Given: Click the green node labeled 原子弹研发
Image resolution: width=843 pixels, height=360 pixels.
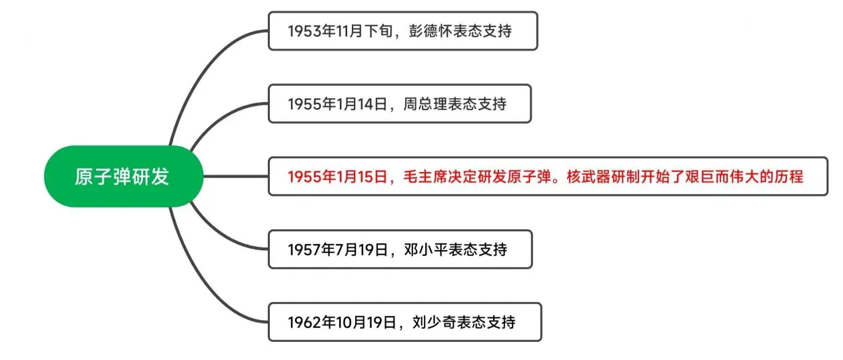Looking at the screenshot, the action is (x=123, y=176).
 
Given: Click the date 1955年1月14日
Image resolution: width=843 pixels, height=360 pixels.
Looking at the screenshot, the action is (x=338, y=104).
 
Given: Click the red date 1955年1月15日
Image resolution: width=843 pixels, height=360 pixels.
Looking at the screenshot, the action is (x=338, y=177).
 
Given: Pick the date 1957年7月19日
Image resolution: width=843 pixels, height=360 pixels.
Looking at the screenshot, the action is (x=338, y=249).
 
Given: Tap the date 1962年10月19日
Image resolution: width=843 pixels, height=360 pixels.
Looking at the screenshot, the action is (x=342, y=323).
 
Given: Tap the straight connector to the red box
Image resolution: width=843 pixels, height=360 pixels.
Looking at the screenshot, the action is (x=236, y=176).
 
